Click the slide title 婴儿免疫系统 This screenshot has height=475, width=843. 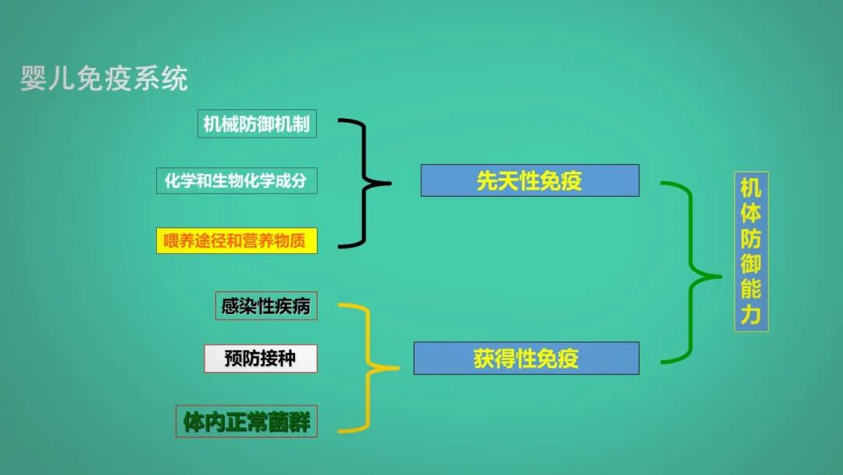tap(104, 79)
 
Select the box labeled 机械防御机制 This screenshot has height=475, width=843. tap(257, 123)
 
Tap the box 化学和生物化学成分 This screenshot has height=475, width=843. tap(237, 181)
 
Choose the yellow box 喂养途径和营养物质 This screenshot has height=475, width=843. tap(237, 241)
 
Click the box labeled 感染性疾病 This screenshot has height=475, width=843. tap(266, 306)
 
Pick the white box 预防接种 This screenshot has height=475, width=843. tap(261, 359)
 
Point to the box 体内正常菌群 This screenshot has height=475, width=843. tap(247, 422)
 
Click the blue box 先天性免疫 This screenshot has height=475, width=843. tap(529, 180)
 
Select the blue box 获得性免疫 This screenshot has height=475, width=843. tap(526, 359)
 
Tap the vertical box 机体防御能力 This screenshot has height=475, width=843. tap(751, 252)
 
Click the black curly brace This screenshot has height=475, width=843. tap(365, 184)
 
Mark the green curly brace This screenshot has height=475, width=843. tap(691, 274)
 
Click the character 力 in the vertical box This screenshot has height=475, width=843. tap(751, 316)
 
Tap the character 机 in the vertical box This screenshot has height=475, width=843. tap(751, 188)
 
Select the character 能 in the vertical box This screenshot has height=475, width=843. tap(751, 290)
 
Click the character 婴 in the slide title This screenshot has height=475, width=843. tap(34, 79)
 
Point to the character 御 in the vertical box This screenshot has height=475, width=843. tap(751, 264)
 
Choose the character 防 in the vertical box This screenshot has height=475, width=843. tap(751, 239)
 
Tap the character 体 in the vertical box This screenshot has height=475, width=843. tap(751, 213)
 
